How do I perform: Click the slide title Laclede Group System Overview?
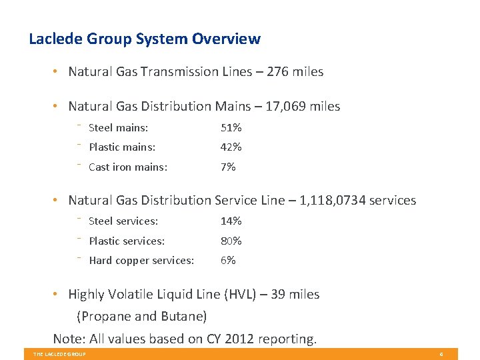(145, 39)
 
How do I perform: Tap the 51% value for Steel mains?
(231, 127)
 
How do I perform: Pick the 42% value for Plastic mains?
(231, 147)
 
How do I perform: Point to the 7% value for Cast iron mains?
(228, 167)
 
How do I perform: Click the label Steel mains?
(118, 127)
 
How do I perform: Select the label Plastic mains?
(122, 147)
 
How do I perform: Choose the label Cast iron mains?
(128, 167)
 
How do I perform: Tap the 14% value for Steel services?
(231, 221)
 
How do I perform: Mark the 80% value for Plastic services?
(231, 241)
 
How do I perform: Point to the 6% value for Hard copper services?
(228, 261)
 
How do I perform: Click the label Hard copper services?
(141, 261)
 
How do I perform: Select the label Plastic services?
(127, 241)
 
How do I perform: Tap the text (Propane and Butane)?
(142, 316)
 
